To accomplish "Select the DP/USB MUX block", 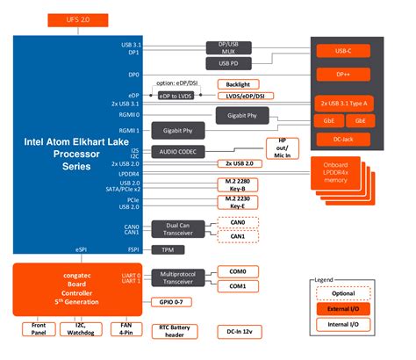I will click(x=227, y=47).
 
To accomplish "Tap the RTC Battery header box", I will click(x=182, y=330).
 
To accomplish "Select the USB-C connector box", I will click(x=357, y=51).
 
